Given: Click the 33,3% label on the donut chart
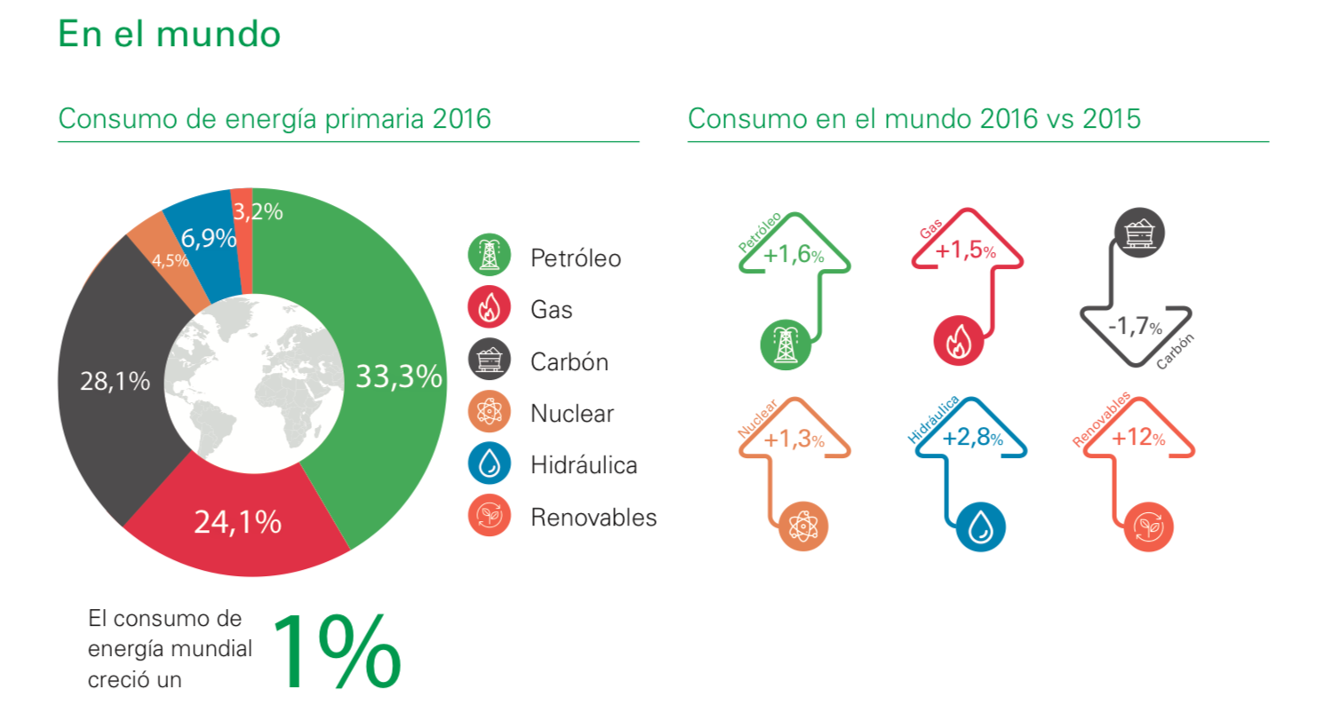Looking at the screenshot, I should click(x=398, y=376).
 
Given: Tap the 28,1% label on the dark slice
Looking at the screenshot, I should click(x=115, y=381).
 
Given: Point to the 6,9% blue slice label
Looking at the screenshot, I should click(x=208, y=238).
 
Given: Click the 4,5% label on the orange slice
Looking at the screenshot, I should click(x=170, y=261).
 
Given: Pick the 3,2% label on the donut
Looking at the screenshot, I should click(x=258, y=211).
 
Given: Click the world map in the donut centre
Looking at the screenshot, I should click(x=253, y=383).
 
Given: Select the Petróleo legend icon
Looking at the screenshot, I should click(x=489, y=256).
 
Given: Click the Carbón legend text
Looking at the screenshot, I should click(x=569, y=362).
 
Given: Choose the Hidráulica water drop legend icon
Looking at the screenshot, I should click(x=489, y=463).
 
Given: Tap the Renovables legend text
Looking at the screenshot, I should click(x=593, y=518).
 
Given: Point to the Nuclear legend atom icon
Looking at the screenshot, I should click(x=489, y=412).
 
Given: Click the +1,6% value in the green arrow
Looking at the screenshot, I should click(x=793, y=255).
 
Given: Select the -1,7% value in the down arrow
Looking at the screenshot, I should click(x=1135, y=326).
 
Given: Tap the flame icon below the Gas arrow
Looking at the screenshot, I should click(x=958, y=341).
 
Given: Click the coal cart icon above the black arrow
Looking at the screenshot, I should click(x=1139, y=233).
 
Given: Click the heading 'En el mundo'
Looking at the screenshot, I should click(x=169, y=35).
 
